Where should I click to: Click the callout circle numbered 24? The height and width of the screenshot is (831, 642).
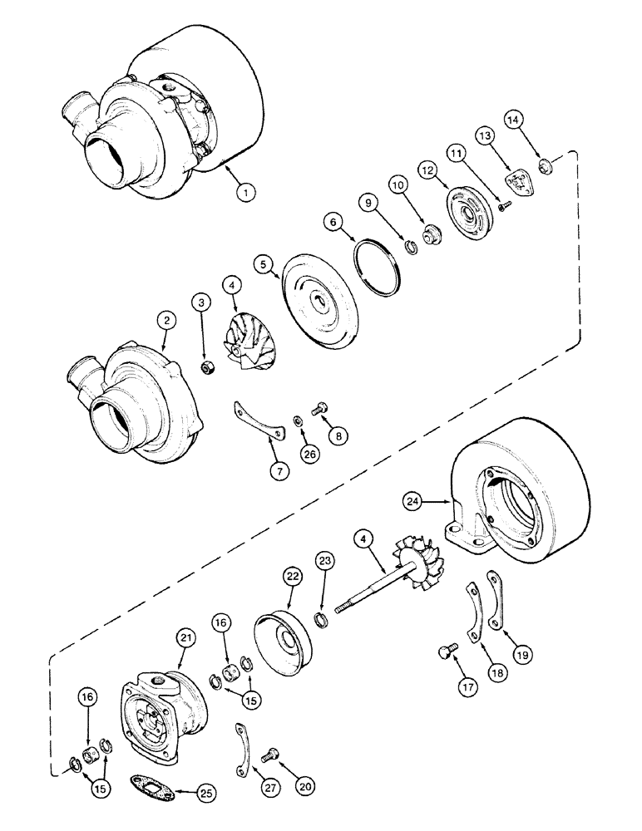[414, 501]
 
